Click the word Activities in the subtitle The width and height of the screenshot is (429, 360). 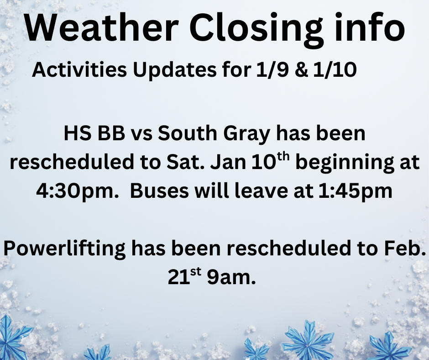(x=79, y=69)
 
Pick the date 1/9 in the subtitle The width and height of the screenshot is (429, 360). (x=272, y=69)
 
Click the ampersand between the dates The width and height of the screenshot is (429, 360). (x=301, y=70)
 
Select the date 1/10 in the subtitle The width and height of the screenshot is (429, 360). (x=335, y=69)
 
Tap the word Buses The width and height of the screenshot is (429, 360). (x=159, y=191)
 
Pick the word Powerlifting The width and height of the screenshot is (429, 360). (x=64, y=249)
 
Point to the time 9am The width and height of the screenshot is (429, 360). (x=231, y=277)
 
